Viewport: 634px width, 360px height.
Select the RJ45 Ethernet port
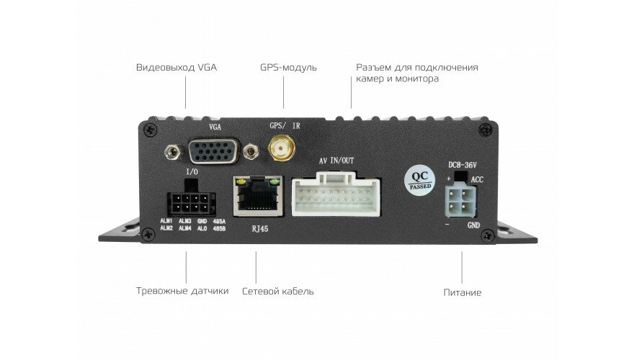(256, 195)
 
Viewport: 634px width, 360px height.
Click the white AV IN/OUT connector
(336, 197)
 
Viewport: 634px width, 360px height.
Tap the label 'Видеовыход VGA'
(177, 68)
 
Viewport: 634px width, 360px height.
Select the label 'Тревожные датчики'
(182, 291)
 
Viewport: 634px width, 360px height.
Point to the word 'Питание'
(463, 293)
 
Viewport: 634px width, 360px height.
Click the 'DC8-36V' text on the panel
(462, 164)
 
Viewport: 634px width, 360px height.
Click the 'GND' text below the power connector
(473, 225)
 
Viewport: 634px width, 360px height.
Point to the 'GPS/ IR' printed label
(285, 125)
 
